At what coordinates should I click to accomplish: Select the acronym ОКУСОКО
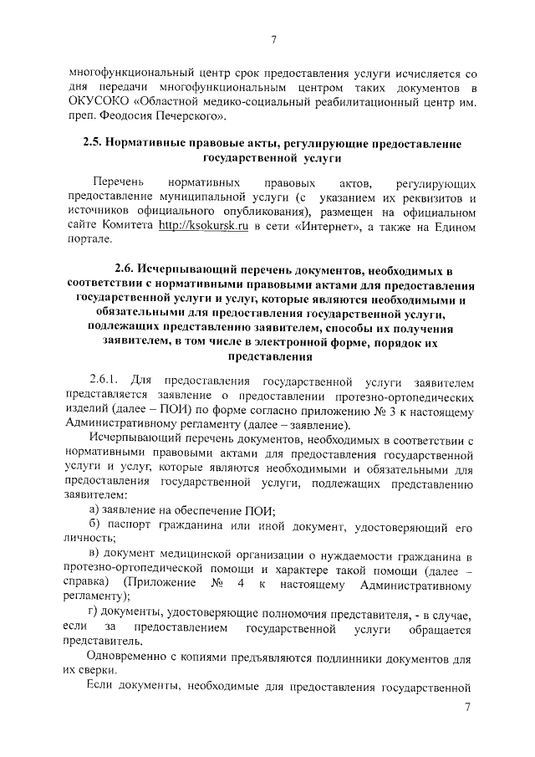(97, 103)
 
